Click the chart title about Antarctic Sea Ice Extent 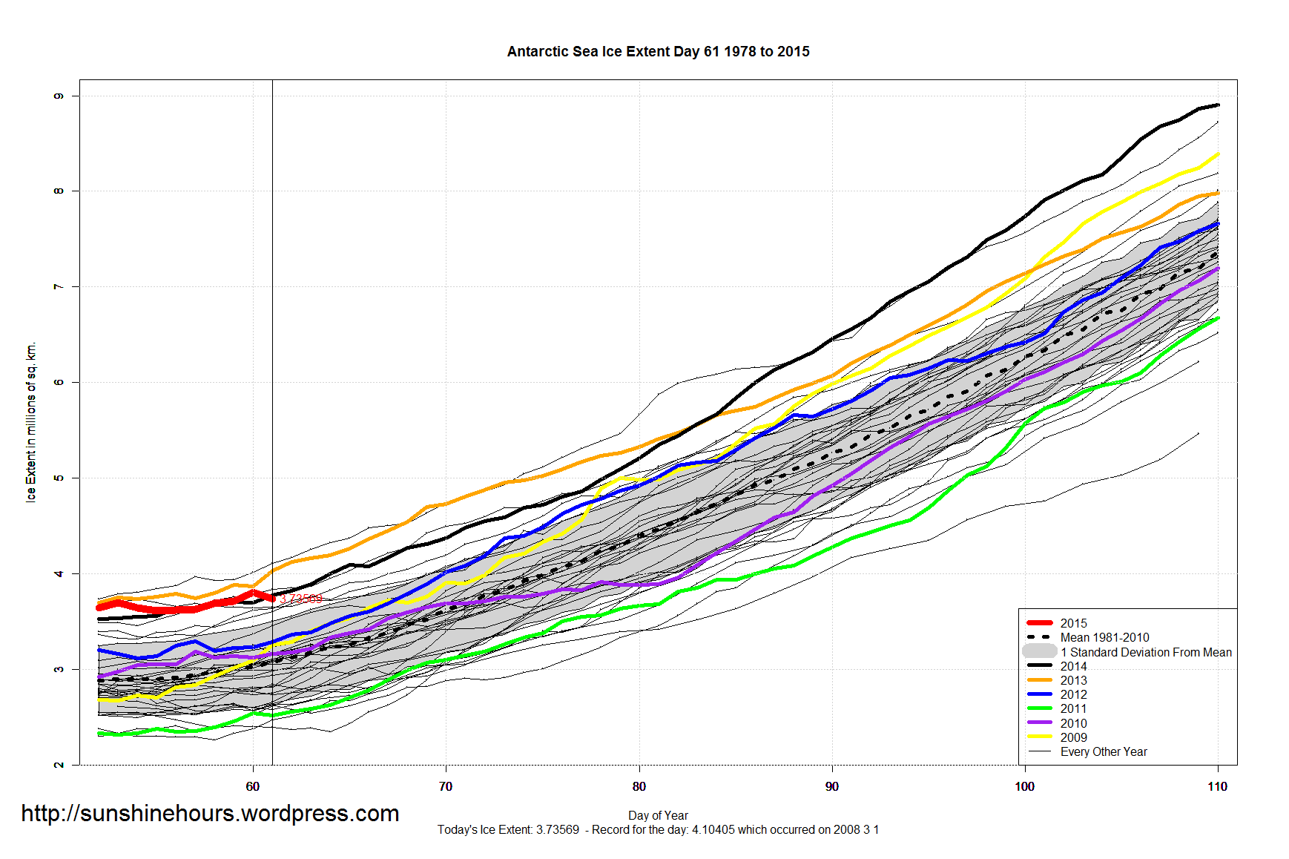tap(658, 52)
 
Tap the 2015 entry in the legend tap(1073, 623)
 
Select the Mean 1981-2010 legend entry tap(1104, 637)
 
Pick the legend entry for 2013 tap(1073, 680)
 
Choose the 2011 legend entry tap(1073, 708)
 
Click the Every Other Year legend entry tap(1103, 751)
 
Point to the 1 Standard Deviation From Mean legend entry tap(1145, 652)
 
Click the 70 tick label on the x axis tap(446, 786)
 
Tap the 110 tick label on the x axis tap(1217, 786)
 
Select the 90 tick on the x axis tap(831, 786)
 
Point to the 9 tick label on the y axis tap(59, 96)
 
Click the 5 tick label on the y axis tap(59, 478)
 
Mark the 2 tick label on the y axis tap(59, 764)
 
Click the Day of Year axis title tap(658, 815)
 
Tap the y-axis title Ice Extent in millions tap(30, 422)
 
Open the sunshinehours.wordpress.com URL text tap(210, 814)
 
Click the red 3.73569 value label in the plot tap(301, 599)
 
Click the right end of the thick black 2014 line tap(1217, 105)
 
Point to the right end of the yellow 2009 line tap(1217, 154)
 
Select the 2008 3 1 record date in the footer tap(855, 829)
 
